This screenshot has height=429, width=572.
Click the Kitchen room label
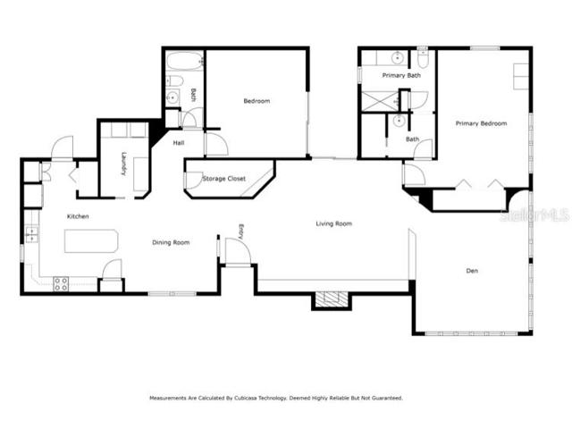78,216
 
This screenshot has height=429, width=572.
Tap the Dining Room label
171,242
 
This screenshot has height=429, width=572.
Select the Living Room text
333,223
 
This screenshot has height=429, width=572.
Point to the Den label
472,271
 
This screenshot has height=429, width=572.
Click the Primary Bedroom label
481,123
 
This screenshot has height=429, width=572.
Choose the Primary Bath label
401,75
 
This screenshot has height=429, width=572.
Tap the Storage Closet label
224,179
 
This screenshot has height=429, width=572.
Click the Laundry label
124,164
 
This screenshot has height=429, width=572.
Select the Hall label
179,143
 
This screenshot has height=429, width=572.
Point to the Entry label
240,231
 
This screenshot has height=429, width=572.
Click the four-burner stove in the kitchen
61,284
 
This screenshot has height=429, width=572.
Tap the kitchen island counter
91,241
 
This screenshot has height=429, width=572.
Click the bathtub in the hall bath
185,61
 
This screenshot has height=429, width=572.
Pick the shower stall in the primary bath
379,100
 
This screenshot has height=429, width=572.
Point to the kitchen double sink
32,234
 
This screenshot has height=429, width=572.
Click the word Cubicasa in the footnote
246,398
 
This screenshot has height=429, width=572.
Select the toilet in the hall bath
174,81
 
